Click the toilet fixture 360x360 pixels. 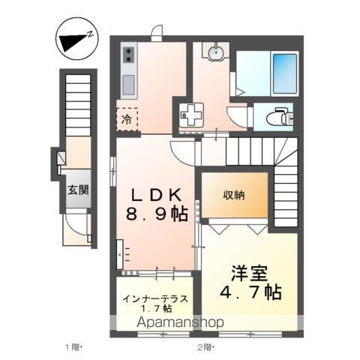click(278, 116)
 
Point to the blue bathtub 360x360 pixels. click(283, 72)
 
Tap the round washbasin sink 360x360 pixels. click(215, 52)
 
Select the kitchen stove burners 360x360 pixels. click(127, 55)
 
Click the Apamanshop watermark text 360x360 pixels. click(181, 322)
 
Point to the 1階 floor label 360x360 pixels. click(72, 347)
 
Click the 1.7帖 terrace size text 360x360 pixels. click(155, 308)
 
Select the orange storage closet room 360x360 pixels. click(233, 196)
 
